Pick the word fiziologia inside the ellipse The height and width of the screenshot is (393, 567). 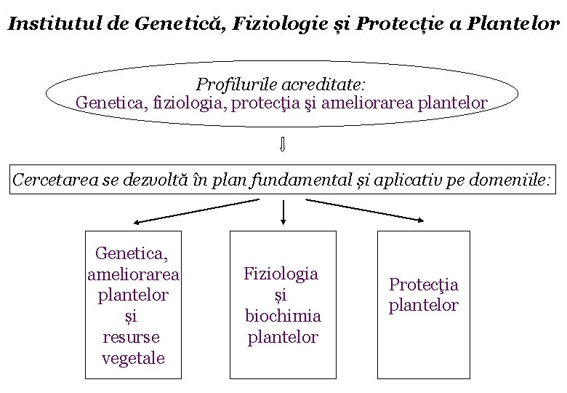(x=189, y=103)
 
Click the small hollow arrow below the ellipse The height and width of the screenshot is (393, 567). (x=282, y=145)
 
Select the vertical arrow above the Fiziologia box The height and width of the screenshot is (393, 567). (x=283, y=211)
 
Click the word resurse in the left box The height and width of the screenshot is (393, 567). (x=132, y=337)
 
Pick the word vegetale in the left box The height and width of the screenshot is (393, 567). (x=133, y=358)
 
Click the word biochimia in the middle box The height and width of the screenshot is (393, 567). (x=283, y=316)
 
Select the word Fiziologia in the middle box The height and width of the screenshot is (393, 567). (x=281, y=274)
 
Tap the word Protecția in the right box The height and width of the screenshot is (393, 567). (x=423, y=285)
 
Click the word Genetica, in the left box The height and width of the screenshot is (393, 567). (x=132, y=253)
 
